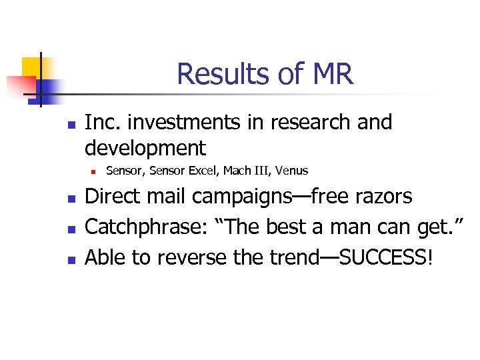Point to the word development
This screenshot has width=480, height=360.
point(146,147)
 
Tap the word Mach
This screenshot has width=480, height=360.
point(237,171)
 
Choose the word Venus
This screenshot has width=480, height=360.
point(292,171)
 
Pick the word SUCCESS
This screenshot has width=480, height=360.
point(381,257)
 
